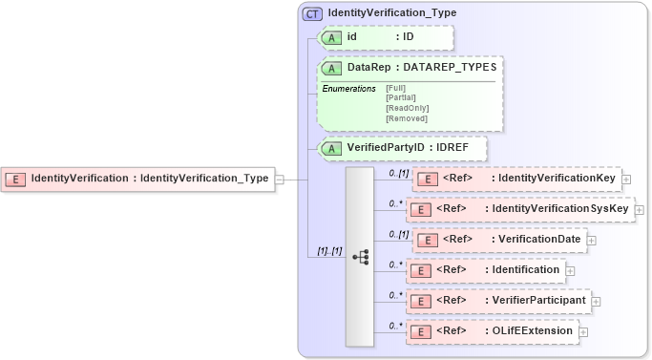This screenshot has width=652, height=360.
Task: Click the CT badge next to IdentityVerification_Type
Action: pyautogui.click(x=312, y=14)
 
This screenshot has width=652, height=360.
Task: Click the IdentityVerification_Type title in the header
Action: pyautogui.click(x=391, y=14)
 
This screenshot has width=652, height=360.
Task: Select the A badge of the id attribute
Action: pyautogui.click(x=331, y=37)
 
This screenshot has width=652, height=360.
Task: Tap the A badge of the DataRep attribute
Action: pyautogui.click(x=331, y=69)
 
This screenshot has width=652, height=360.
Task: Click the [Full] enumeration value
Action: pyautogui.click(x=395, y=89)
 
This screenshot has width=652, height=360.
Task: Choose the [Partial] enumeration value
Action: pyautogui.click(x=400, y=97)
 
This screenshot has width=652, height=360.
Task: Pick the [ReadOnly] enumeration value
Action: pyautogui.click(x=407, y=108)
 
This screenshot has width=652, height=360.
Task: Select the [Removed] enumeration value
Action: pyautogui.click(x=406, y=117)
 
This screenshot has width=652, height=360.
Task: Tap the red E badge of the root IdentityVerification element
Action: pyautogui.click(x=16, y=178)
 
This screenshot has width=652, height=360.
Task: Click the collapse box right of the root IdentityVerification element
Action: pyautogui.click(x=279, y=178)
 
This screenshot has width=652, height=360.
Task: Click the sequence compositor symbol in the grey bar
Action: pyautogui.click(x=360, y=257)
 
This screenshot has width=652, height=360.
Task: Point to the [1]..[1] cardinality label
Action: pyautogui.click(x=328, y=250)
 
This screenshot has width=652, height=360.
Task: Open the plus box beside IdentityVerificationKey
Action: pyautogui.click(x=626, y=179)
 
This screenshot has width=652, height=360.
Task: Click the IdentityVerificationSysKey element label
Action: pyautogui.click(x=557, y=209)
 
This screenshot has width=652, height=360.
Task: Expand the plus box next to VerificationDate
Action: pyautogui.click(x=592, y=240)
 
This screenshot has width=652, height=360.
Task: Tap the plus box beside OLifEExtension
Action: pyautogui.click(x=583, y=331)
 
